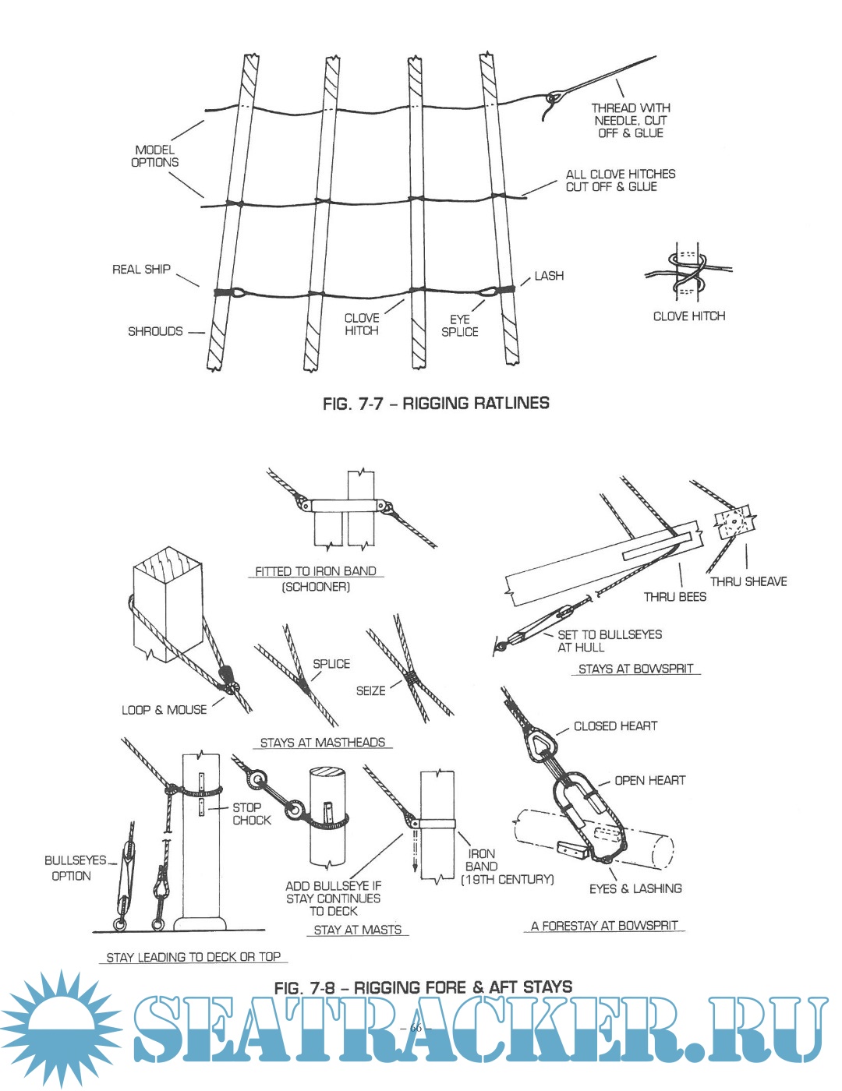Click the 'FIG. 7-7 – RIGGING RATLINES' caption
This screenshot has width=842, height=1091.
[x=436, y=403]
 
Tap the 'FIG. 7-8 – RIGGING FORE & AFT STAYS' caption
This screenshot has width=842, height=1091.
[x=423, y=987]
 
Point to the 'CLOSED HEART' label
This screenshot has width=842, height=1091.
[x=615, y=726]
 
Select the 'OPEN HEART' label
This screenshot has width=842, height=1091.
[x=649, y=780]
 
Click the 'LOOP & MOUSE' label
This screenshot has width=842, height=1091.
[x=165, y=710]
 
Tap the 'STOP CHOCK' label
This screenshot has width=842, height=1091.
[x=251, y=814]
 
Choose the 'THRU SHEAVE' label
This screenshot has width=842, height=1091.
[x=748, y=581]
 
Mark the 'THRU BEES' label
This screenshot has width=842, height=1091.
[x=674, y=597]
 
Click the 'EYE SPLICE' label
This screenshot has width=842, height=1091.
[x=459, y=326]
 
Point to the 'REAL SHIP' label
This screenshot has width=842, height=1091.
[x=141, y=270]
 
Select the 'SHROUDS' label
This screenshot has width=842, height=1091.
[x=155, y=331]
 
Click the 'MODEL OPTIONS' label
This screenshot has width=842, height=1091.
[x=154, y=156]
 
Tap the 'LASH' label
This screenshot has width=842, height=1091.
[x=549, y=276]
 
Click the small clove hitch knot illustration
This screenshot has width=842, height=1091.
[x=688, y=273]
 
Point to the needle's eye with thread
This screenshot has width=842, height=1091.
[x=555, y=99]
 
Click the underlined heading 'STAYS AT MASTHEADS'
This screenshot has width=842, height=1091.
[x=322, y=743]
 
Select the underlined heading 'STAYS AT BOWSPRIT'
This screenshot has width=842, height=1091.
[x=635, y=669]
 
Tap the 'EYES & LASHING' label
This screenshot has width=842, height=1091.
[x=635, y=888]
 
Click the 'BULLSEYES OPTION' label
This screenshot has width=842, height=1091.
[x=75, y=868]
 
